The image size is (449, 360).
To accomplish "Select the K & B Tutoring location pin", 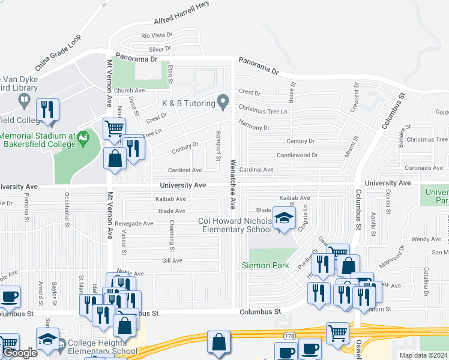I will coord(223,102).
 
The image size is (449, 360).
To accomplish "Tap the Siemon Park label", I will coord(265,265).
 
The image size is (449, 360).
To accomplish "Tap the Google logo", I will coord(20,353).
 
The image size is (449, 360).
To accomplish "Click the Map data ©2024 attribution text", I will coord(423,355).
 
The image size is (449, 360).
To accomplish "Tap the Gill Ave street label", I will coord(172,260).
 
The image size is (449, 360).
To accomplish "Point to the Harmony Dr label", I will coord(254,128).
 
